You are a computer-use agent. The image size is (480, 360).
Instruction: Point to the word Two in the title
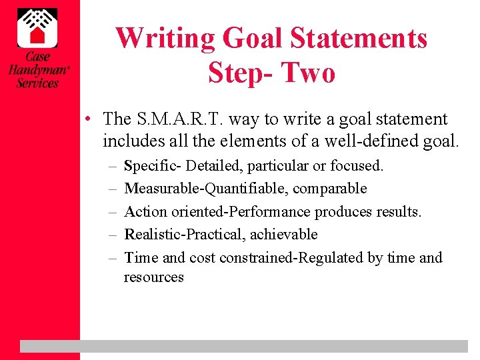click(x=307, y=72)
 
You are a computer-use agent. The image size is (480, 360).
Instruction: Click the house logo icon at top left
click(x=37, y=26)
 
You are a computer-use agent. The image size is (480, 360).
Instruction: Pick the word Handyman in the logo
click(x=37, y=70)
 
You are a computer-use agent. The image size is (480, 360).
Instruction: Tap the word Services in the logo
click(x=37, y=83)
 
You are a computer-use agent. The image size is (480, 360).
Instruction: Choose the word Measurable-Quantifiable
click(x=207, y=189)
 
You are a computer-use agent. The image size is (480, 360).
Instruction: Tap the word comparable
click(x=330, y=189)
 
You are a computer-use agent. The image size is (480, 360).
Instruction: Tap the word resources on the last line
click(x=153, y=277)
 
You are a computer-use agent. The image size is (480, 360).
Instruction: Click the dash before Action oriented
click(x=111, y=212)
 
